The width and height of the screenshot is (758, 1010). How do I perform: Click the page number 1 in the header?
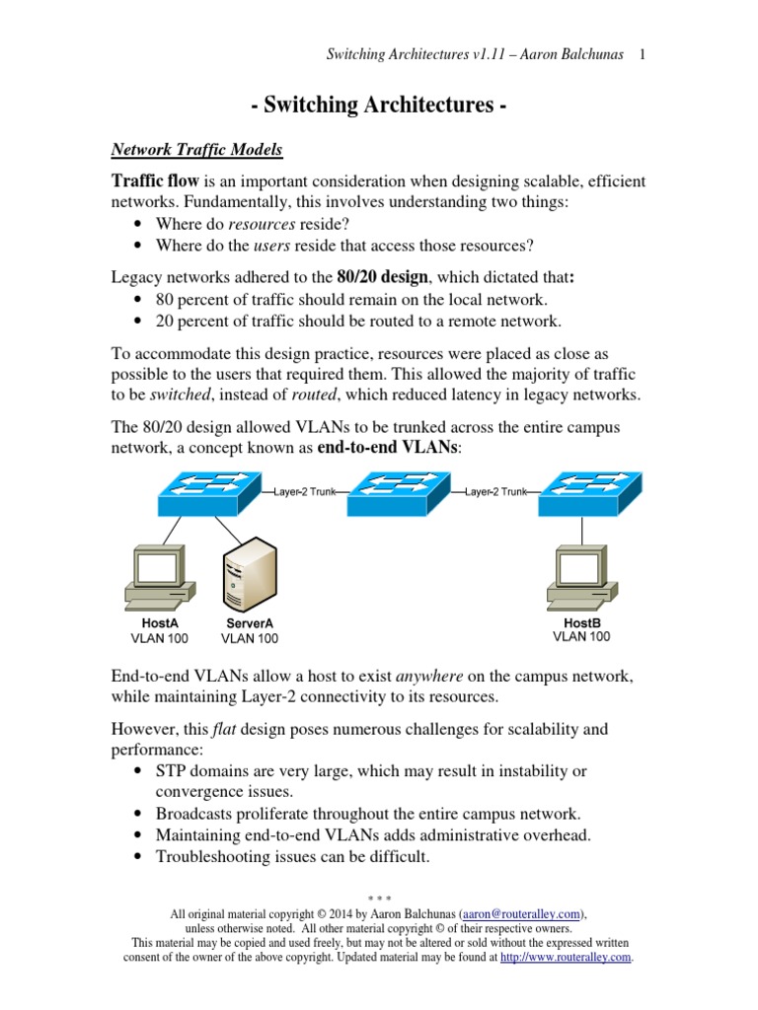click(643, 54)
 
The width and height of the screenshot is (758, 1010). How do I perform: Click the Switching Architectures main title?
click(379, 106)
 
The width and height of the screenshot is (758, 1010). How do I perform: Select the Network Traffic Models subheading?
click(195, 150)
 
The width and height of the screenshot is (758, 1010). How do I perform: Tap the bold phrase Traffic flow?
click(155, 181)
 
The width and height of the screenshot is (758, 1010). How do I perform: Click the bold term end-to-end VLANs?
click(389, 447)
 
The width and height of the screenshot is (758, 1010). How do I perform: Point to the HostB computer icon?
click(580, 575)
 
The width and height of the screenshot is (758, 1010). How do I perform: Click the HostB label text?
click(581, 622)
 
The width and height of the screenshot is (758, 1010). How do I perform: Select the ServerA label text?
click(249, 623)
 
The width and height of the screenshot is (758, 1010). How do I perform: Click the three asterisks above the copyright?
click(379, 899)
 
